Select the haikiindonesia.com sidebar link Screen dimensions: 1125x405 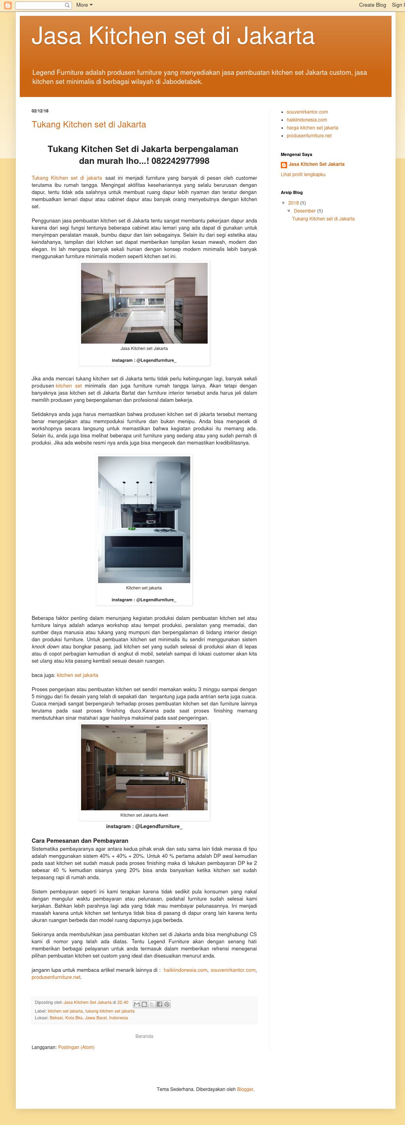(307, 120)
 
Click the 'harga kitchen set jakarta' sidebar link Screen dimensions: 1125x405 (312, 128)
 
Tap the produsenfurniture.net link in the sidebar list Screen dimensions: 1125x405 (308, 136)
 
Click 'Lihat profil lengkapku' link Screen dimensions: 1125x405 (303, 175)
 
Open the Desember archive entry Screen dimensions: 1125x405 (305, 211)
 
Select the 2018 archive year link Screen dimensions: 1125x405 (293, 203)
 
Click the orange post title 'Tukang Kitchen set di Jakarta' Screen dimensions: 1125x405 (89, 124)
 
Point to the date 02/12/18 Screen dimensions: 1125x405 (40, 111)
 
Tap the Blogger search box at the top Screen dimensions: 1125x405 (40, 5)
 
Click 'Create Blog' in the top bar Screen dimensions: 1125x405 (372, 5)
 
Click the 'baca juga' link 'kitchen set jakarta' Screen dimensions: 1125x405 (77, 675)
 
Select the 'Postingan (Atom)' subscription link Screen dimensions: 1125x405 (76, 1047)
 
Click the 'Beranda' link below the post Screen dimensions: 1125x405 (144, 1036)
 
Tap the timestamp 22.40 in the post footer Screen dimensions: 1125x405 (123, 1002)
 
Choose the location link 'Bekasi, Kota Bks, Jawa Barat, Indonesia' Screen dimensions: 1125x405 (89, 1018)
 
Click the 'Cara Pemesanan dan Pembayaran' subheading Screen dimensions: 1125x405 (80, 841)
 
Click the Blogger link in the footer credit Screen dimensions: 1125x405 (245, 1089)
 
